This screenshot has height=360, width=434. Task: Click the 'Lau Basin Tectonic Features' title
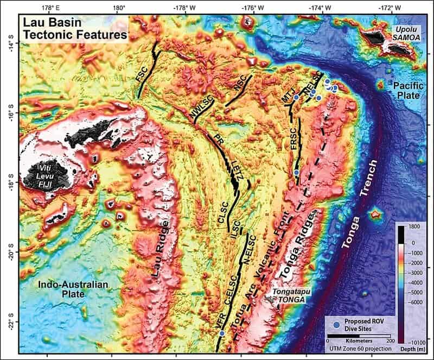74,29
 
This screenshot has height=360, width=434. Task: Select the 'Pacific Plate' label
407,90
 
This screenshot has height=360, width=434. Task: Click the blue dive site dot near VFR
221,333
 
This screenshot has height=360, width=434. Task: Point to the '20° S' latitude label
8,252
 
